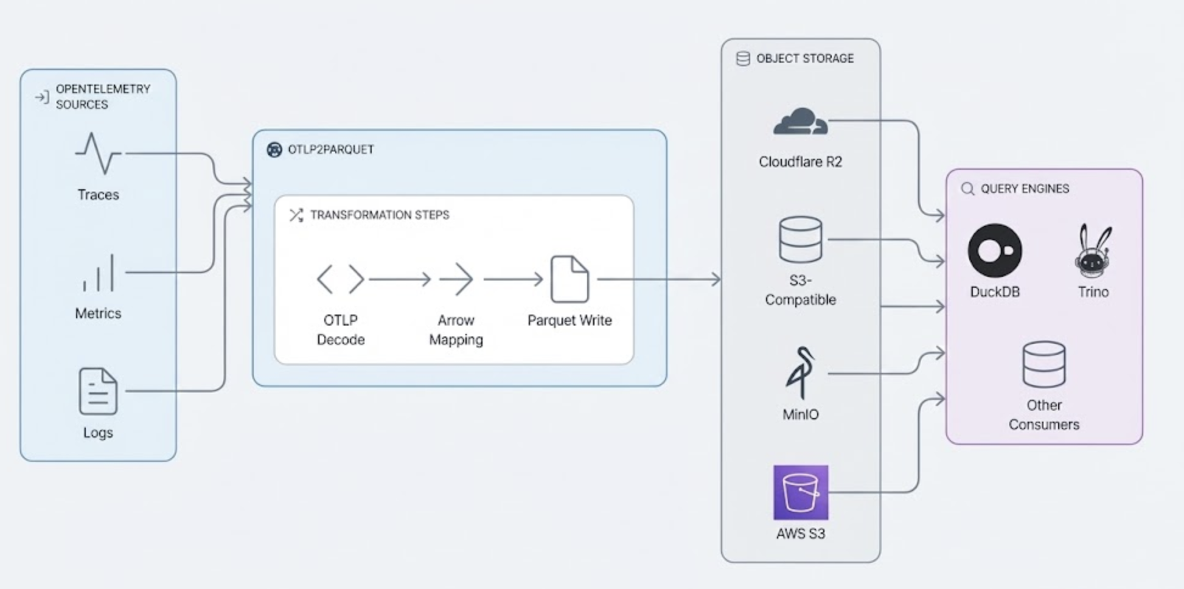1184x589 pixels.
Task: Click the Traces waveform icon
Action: pos(98,153)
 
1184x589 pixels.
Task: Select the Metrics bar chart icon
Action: pos(99,273)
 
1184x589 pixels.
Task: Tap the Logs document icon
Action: pos(98,391)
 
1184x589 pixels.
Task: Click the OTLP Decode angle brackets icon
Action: pos(340,279)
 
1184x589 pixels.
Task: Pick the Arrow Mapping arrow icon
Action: pos(456,279)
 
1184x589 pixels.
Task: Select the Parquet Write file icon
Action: pos(569,279)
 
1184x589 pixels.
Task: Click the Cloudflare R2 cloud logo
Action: pos(800,122)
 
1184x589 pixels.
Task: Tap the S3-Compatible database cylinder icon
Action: pos(800,240)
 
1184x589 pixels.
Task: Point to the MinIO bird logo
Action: pos(800,372)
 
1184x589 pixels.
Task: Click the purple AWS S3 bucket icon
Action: pos(801,492)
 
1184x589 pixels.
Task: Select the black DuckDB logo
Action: pos(995,251)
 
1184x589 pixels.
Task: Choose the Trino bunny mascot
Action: pos(1093,250)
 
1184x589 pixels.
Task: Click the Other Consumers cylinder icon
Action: pos(1044,364)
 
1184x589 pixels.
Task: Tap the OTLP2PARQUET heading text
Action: pos(330,150)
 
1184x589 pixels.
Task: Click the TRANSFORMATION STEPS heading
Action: pos(379,215)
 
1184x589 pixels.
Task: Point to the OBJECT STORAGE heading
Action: pos(804,58)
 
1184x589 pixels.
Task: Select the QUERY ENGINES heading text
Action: pos(1025,189)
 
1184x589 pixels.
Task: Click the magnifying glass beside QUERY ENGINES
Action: pos(967,189)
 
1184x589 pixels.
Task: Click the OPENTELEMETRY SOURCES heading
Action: pos(103,97)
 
